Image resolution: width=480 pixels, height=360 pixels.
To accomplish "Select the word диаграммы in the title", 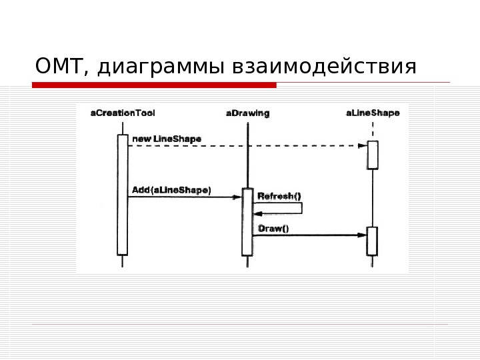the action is [160, 67].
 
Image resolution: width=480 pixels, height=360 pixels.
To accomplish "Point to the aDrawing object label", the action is [247, 113].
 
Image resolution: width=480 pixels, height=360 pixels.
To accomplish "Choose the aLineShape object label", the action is [373, 113].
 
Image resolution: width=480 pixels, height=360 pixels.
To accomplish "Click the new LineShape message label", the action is [167, 139].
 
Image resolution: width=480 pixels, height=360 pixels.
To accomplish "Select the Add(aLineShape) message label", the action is [171, 190].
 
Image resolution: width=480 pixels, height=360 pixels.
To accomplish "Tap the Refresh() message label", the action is [279, 196].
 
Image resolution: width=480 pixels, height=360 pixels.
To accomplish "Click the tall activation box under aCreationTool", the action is [122, 194].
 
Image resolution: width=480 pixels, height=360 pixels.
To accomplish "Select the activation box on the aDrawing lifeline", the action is [247, 221].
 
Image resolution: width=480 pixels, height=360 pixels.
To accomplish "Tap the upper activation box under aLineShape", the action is [373, 155].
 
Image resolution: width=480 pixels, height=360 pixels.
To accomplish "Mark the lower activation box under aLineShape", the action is [372, 241].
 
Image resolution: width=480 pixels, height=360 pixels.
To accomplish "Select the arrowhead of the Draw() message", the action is [362, 235].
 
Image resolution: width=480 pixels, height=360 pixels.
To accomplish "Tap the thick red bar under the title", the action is [154, 85].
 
